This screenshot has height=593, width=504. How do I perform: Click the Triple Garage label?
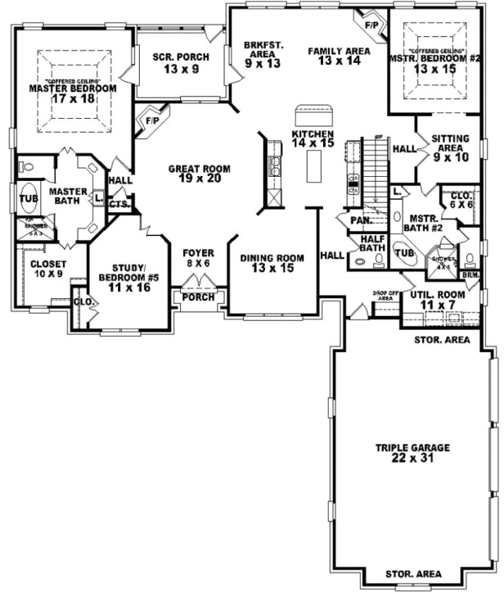412,454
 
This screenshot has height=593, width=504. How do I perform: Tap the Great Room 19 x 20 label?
200,174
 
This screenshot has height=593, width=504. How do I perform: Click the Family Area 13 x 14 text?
340,56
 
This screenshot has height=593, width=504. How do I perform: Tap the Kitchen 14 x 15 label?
313,138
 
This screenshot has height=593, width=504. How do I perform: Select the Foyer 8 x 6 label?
198,258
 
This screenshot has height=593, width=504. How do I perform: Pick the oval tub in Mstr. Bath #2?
404,254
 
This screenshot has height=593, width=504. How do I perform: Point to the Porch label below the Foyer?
199,296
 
